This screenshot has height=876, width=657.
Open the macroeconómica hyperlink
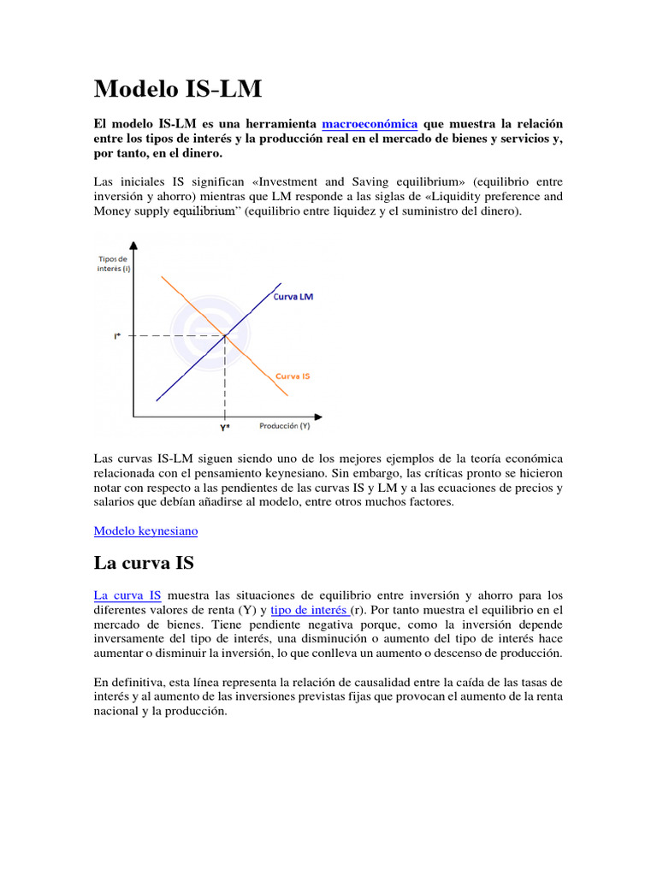tap(370, 123)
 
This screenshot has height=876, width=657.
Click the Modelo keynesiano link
tap(145, 530)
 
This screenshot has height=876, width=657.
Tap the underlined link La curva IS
tap(127, 595)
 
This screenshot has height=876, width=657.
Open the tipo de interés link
tap(309, 610)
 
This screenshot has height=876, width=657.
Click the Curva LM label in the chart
tap(293, 297)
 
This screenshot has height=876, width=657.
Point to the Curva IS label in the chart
tap(292, 376)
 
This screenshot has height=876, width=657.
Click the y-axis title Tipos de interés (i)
tap(113, 263)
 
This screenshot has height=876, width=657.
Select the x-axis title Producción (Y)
tap(284, 425)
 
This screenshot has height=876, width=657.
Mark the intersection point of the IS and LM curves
tap(225, 336)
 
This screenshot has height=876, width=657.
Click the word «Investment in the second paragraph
tap(261, 181)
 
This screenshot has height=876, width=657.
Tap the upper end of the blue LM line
tap(281, 283)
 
